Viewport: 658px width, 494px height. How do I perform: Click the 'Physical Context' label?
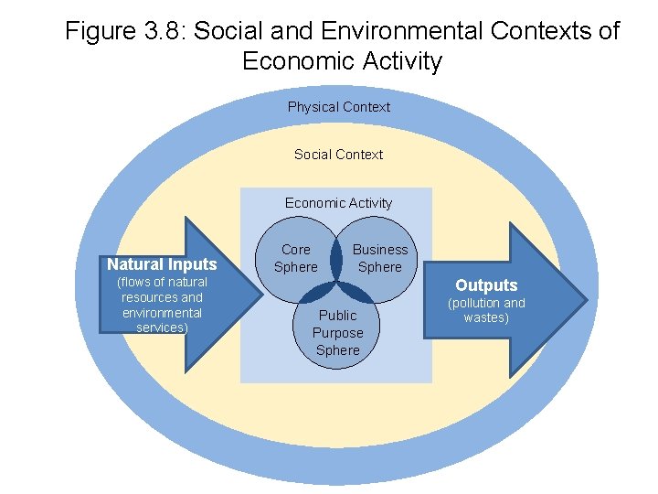[x=338, y=107]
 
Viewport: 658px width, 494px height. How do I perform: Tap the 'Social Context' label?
[x=338, y=155]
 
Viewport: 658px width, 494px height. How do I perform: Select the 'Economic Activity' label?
[x=338, y=203]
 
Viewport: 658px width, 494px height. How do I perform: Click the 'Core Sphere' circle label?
[x=296, y=258]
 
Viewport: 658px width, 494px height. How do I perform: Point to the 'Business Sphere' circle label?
[x=380, y=258]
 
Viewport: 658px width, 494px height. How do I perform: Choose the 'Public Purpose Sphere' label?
[x=338, y=333]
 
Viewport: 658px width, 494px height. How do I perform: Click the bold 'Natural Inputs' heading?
[x=162, y=264]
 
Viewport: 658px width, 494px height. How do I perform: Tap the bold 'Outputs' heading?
[x=486, y=285]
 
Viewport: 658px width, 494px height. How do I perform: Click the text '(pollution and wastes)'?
[x=486, y=310]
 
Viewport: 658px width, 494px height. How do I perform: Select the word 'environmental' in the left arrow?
[x=162, y=313]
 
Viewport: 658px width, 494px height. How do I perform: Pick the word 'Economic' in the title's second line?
[x=294, y=61]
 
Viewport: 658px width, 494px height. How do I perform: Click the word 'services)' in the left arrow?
[x=162, y=328]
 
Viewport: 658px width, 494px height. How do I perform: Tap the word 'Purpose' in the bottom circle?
[x=338, y=333]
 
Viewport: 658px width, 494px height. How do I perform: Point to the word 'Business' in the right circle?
[x=380, y=250]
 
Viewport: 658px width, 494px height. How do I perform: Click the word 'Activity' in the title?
[x=398, y=61]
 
